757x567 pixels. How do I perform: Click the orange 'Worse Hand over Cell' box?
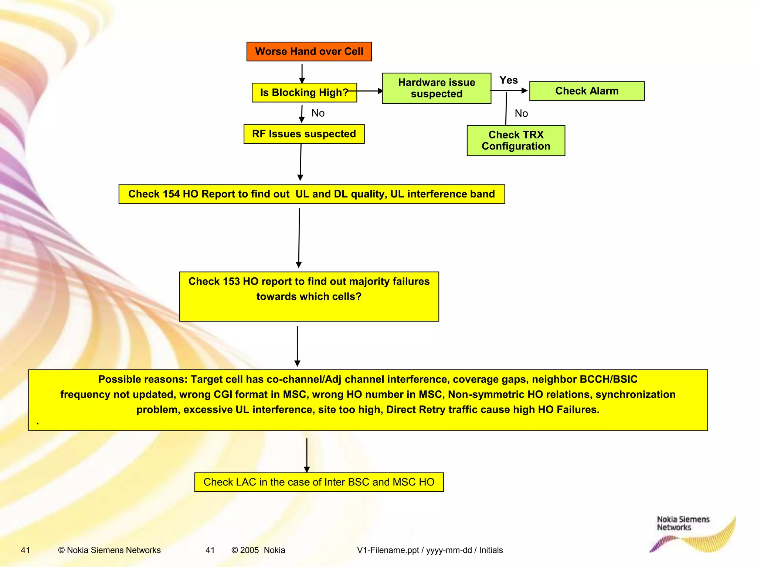pyautogui.click(x=309, y=51)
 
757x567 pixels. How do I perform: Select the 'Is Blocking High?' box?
pyautogui.click(x=304, y=92)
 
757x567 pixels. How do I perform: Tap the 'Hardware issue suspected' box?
pyautogui.click(x=437, y=88)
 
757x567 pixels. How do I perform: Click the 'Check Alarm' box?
pyautogui.click(x=587, y=91)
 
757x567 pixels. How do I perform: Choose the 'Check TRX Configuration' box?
pyautogui.click(x=516, y=141)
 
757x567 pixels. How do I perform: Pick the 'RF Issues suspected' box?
pyautogui.click(x=304, y=134)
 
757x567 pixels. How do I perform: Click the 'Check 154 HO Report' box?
pyautogui.click(x=312, y=194)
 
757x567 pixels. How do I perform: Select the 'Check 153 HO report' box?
pyautogui.click(x=309, y=296)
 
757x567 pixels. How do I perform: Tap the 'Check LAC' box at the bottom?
pyautogui.click(x=319, y=482)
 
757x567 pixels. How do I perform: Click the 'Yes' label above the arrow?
pyautogui.click(x=509, y=80)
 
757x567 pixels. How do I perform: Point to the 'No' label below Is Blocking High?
pyautogui.click(x=318, y=113)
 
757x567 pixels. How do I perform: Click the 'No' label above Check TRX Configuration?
pyautogui.click(x=521, y=113)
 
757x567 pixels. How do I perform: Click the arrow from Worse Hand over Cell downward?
pyautogui.click(x=302, y=73)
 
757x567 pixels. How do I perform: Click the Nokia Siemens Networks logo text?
pyautogui.click(x=683, y=523)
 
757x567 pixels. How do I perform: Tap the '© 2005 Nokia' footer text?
pyautogui.click(x=258, y=550)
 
